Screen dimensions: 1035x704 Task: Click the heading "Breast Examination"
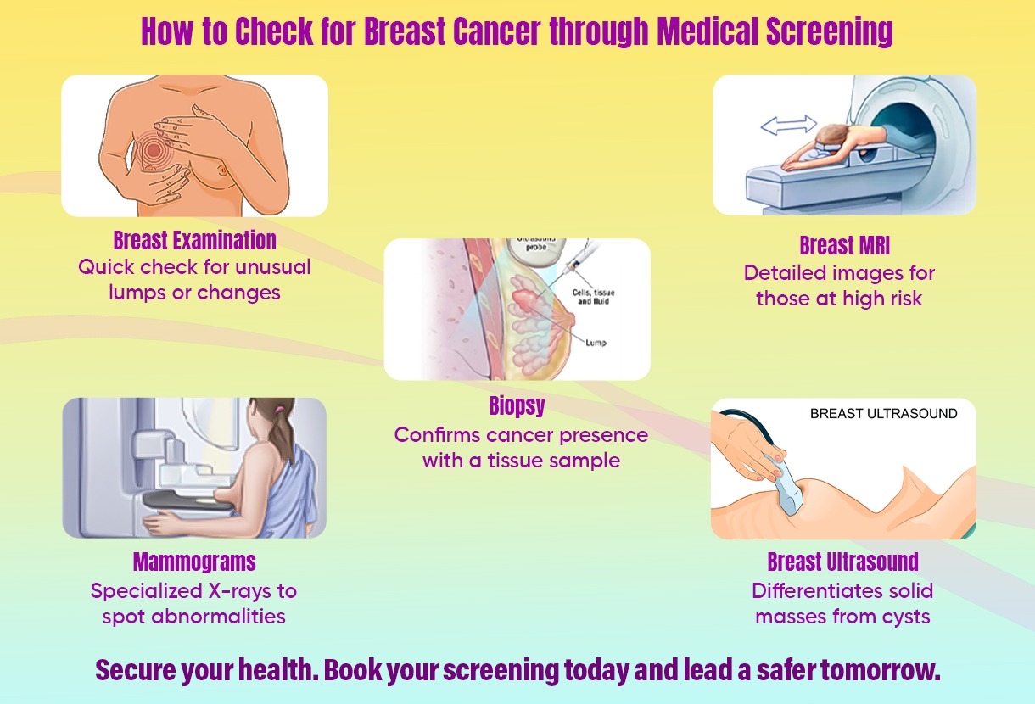(x=194, y=240)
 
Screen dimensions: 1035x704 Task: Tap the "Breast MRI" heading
(x=845, y=245)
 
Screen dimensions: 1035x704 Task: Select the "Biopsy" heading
(x=517, y=406)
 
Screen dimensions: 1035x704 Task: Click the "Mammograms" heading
(x=194, y=562)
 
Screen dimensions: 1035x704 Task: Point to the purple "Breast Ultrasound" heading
(x=842, y=562)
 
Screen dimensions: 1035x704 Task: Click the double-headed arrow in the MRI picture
(x=788, y=126)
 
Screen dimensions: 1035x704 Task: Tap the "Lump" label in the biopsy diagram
(x=596, y=343)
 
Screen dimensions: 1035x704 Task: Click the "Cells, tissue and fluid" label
(x=593, y=297)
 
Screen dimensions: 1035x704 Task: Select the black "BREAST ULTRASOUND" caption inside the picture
(x=883, y=413)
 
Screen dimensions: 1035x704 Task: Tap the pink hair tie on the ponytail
(x=278, y=410)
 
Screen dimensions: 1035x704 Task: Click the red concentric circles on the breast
(x=153, y=148)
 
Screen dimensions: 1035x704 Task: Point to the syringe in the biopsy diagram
(x=578, y=261)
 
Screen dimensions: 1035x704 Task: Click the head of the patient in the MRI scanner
(x=831, y=137)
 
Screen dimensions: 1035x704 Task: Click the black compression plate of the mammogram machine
(x=187, y=500)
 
